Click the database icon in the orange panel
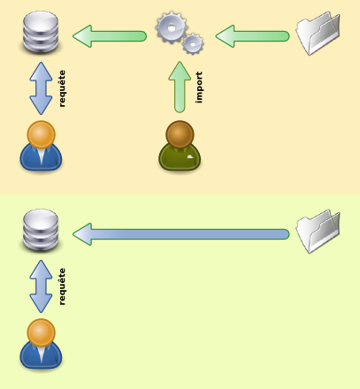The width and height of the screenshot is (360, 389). coord(41,33)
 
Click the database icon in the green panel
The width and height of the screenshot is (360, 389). coord(41,231)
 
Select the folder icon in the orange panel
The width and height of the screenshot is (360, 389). coord(318,33)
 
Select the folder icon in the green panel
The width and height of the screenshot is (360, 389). coord(318,231)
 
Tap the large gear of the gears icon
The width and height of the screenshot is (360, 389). coord(172,28)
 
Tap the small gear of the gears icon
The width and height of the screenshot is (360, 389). coord(193,44)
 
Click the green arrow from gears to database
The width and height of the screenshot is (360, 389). coord(110,36)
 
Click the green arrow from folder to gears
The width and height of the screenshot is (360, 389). coord(252,36)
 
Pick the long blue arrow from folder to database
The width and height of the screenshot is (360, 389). coord(181,234)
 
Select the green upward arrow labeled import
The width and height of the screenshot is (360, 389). coord(180,87)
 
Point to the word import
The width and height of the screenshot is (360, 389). coord(199,88)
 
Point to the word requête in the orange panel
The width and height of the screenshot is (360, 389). coord(62,88)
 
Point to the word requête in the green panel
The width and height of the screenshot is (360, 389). coord(62,286)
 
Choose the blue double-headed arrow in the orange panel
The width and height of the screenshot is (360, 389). coord(41,88)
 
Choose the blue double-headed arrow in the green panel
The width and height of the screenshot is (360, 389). coord(41,286)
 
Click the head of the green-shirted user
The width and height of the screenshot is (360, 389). coord(180,134)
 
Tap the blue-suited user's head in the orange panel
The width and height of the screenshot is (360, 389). coord(41,134)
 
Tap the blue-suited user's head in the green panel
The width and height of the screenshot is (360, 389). coord(41,332)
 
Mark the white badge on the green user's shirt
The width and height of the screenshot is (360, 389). coord(190,156)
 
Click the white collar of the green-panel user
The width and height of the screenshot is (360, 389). coord(42,354)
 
